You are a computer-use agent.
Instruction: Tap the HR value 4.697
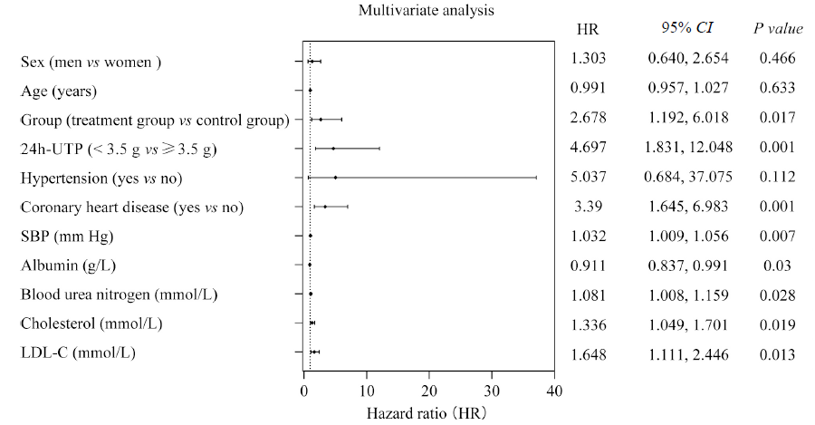click(x=588, y=147)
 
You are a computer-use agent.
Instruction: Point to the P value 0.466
click(x=777, y=59)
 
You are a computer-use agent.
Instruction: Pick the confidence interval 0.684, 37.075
click(x=686, y=178)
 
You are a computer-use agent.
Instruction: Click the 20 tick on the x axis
click(x=428, y=391)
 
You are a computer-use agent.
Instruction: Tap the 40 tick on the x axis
click(x=554, y=391)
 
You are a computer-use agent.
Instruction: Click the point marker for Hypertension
click(x=335, y=178)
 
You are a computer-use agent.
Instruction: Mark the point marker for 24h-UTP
click(x=333, y=148)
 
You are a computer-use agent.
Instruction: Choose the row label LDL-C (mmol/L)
click(x=78, y=353)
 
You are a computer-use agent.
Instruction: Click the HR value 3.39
click(x=588, y=207)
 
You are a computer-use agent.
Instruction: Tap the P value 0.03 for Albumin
click(x=777, y=266)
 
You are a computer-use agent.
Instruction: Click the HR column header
click(x=588, y=29)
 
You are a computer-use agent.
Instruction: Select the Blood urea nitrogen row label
click(x=119, y=295)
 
